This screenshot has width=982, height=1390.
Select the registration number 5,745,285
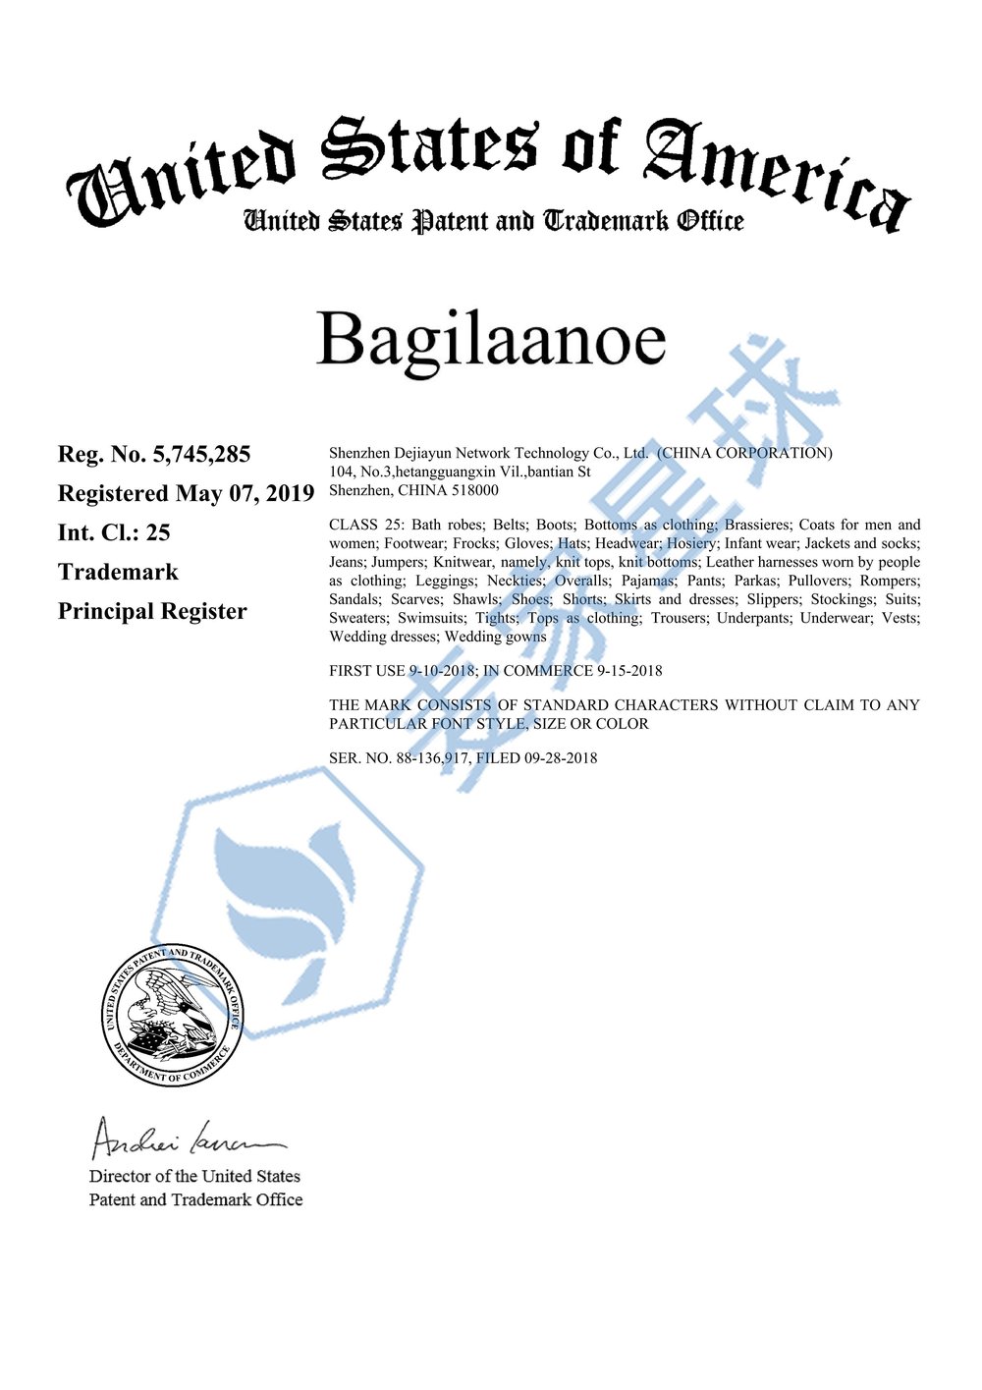201,455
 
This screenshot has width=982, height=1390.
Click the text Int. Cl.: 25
114,533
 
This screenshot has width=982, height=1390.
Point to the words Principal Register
152,612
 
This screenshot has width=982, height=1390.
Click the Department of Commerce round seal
173,1016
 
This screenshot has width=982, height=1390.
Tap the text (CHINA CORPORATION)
744,453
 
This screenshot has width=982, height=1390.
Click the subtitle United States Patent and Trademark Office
493,222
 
